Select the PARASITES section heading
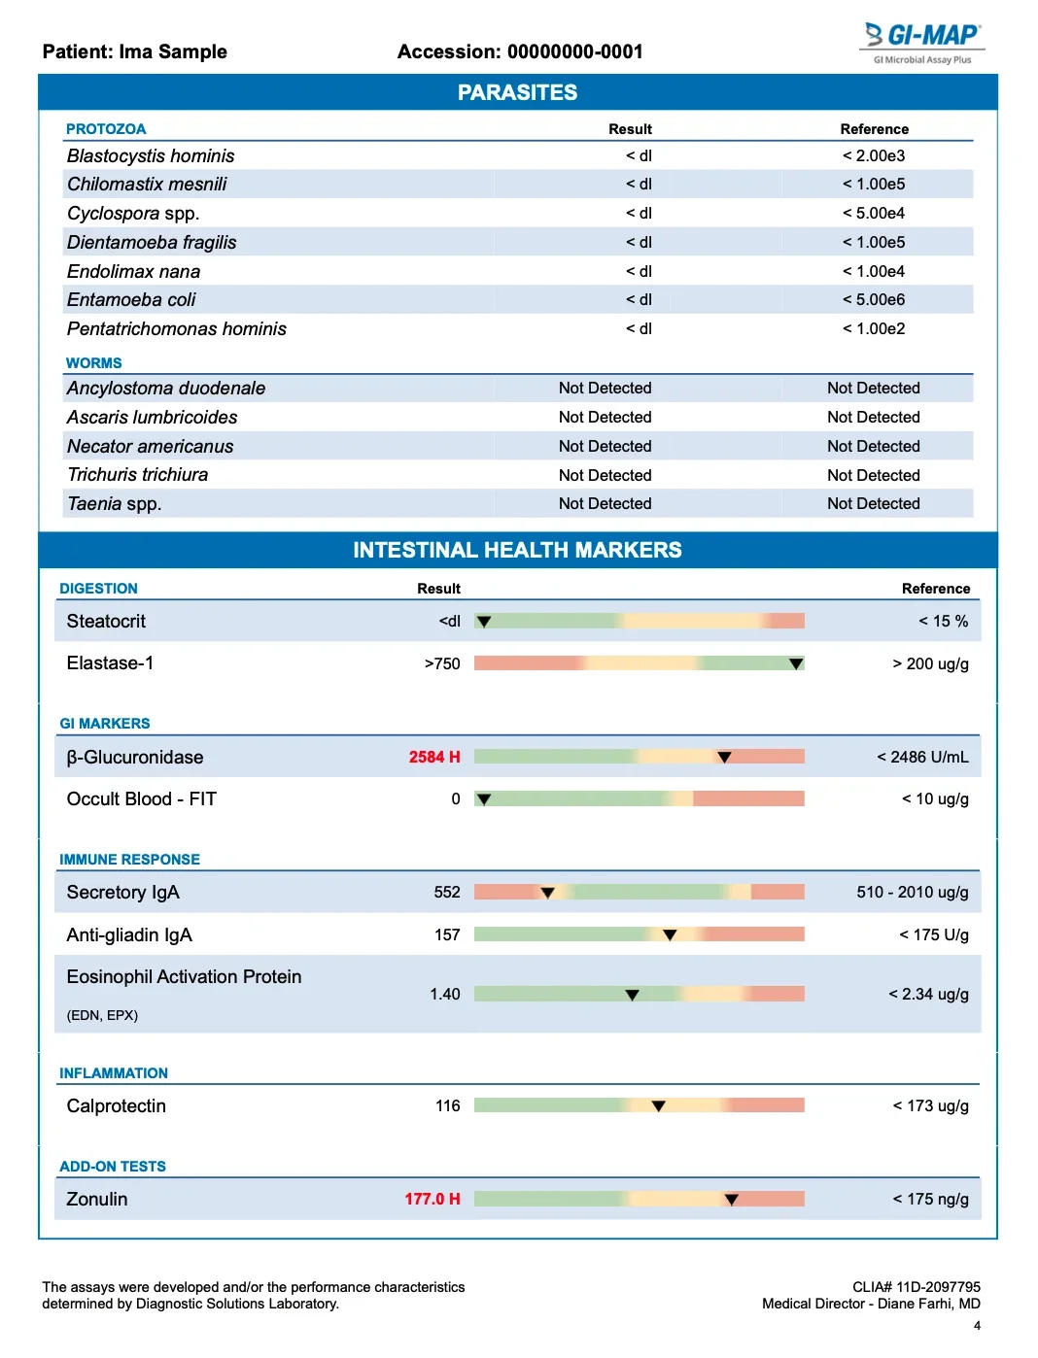(x=517, y=92)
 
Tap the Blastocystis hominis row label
(x=151, y=155)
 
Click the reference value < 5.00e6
(x=873, y=299)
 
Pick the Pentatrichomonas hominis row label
(x=177, y=328)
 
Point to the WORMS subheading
(x=93, y=362)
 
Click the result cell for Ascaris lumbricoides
(x=605, y=417)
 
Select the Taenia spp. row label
(x=114, y=503)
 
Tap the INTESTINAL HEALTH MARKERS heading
(x=517, y=550)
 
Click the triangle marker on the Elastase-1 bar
(x=796, y=664)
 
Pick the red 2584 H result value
(x=433, y=757)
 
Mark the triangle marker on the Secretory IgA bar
(x=547, y=893)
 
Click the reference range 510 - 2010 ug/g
(x=912, y=892)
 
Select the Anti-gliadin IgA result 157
(x=447, y=934)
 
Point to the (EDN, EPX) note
(x=102, y=1015)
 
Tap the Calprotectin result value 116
(x=447, y=1105)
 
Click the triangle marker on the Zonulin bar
(x=731, y=1200)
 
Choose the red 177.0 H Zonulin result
(x=432, y=1199)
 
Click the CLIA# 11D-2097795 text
(x=916, y=1287)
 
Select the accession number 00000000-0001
(x=574, y=51)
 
